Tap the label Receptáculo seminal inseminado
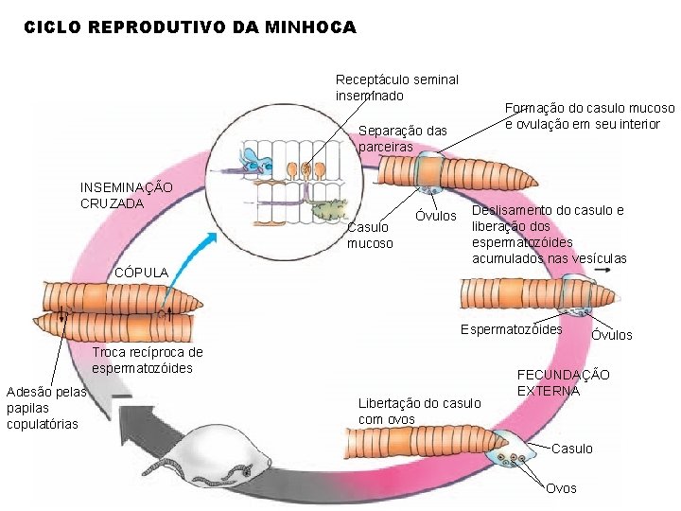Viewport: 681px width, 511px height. click(396, 87)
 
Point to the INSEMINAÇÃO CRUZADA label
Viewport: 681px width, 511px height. click(126, 195)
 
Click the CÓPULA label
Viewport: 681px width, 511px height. click(141, 273)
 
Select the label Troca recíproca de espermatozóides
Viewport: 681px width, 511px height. click(142, 361)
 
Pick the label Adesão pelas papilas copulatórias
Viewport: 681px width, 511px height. click(44, 408)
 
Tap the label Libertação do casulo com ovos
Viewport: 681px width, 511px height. click(419, 411)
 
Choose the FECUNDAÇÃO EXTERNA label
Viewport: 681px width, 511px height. click(564, 382)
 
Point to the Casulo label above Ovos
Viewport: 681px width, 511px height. click(571, 449)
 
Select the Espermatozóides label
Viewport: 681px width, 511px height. click(511, 329)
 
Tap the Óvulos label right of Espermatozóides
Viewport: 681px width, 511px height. click(611, 335)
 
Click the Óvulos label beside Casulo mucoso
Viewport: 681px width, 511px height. click(436, 218)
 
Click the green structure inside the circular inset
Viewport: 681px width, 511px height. click(327, 211)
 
